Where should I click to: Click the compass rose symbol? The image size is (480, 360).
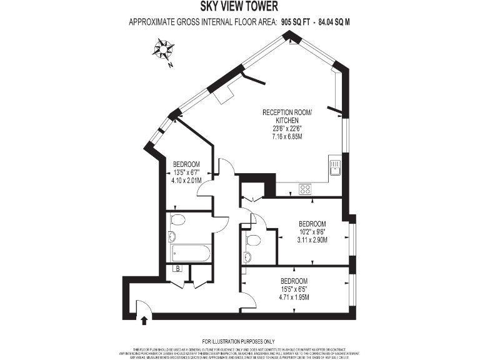point(164,48)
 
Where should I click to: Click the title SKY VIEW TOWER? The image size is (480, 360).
point(239,7)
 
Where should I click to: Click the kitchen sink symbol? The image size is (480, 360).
point(335,166)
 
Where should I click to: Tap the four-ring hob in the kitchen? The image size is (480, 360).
point(306,188)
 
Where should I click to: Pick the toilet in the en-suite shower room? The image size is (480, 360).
point(253,239)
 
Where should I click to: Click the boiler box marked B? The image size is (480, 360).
point(177,269)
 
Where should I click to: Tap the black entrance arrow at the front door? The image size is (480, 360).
point(145,320)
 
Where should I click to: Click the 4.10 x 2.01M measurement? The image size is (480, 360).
point(186,181)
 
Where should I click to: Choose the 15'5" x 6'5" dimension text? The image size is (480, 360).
point(293,289)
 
